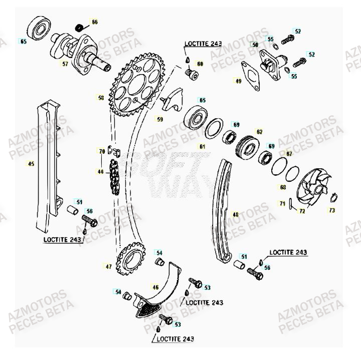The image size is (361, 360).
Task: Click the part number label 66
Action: [x=95, y=22]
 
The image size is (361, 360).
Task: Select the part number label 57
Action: [x=65, y=64]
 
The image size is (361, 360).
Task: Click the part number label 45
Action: [x=31, y=164]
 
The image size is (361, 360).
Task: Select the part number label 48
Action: [x=236, y=214]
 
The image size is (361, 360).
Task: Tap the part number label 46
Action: [x=155, y=287]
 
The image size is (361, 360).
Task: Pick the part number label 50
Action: [x=255, y=45]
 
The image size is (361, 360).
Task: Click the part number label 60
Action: [x=200, y=64]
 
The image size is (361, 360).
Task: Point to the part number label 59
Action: [x=160, y=120]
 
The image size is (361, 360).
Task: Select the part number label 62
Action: [x=259, y=132]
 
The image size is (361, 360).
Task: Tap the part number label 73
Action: [x=331, y=211]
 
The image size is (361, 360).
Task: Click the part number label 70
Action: [x=101, y=151]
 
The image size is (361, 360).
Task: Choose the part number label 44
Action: [x=101, y=172]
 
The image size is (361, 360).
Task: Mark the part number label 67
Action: [x=289, y=153]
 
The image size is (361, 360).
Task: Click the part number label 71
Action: [x=283, y=203]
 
